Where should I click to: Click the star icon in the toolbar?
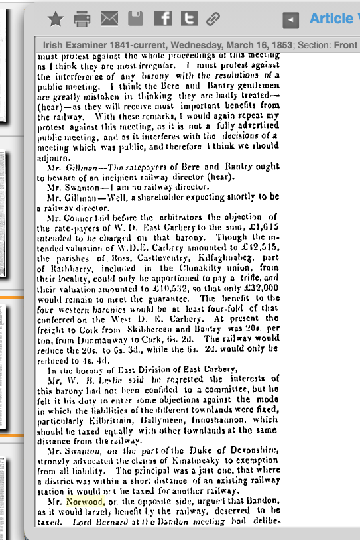coord(56,19)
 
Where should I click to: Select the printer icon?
coord(82,19)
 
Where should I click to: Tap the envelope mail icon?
coord(109,19)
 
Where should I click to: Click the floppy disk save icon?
coord(135,19)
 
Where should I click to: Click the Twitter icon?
coord(190,19)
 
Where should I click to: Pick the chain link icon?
coord(213,19)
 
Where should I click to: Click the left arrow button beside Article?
coord(290,21)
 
